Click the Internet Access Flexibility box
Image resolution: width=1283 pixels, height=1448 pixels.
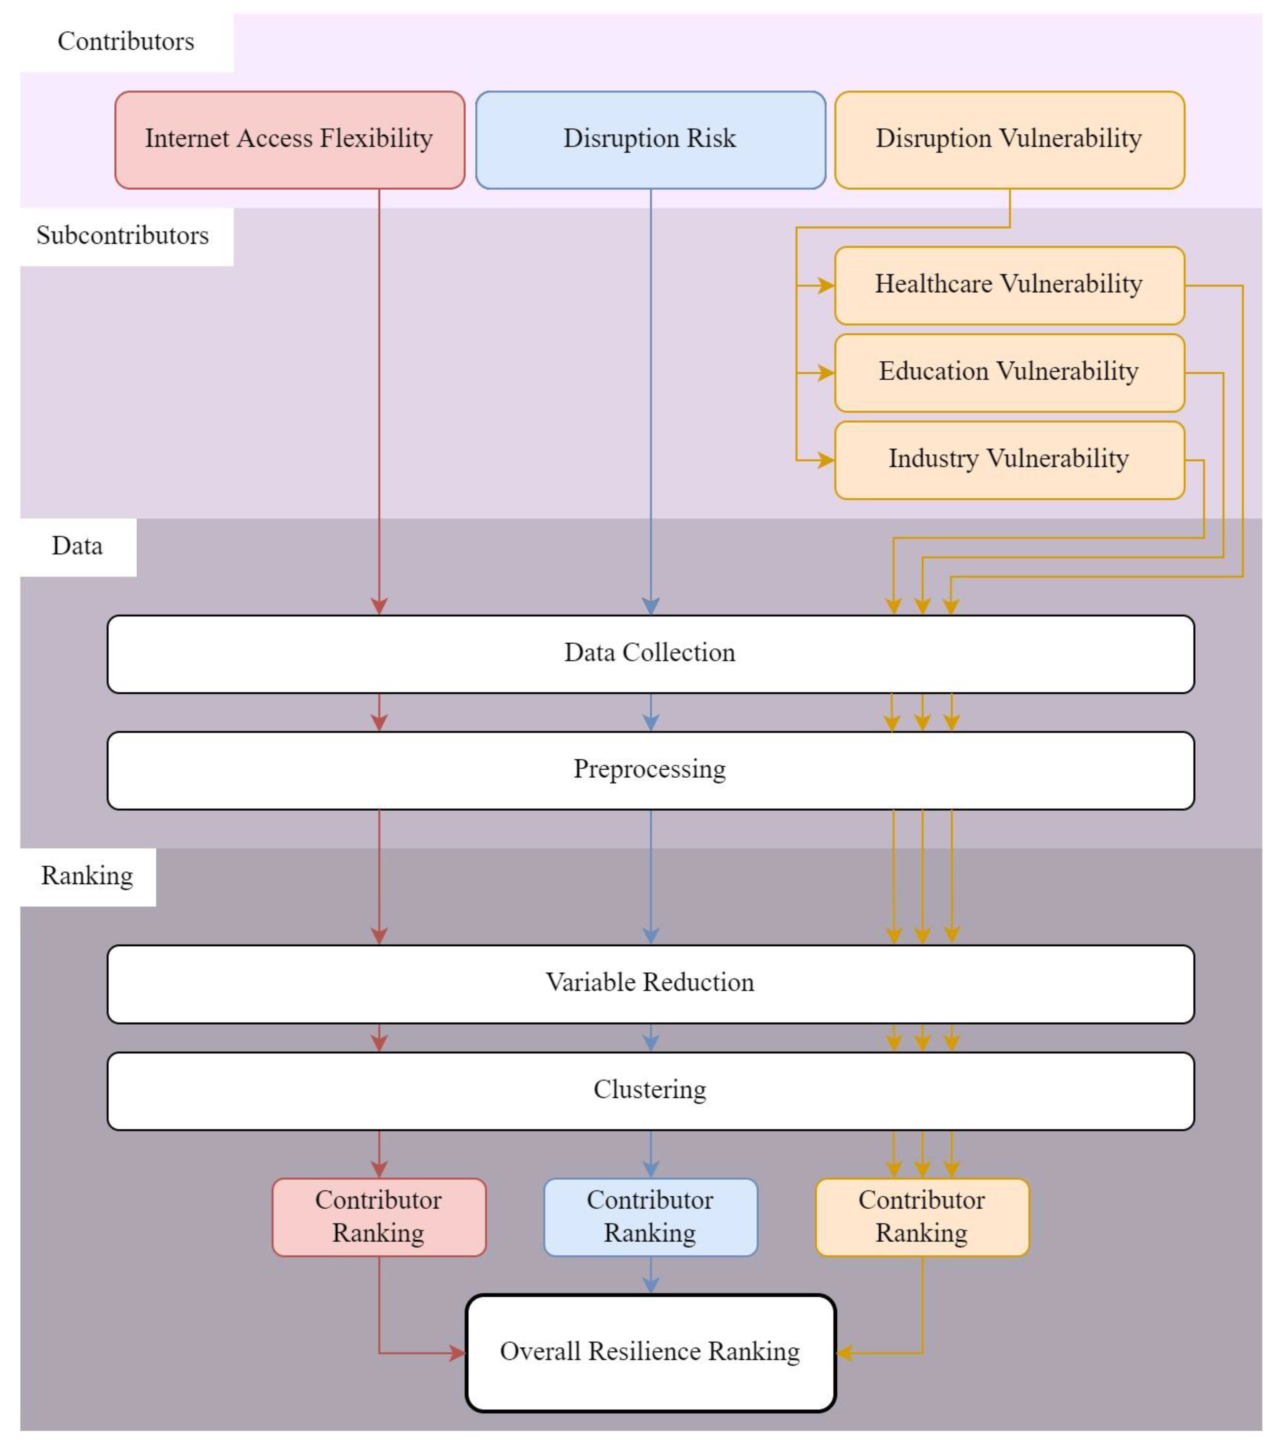(289, 139)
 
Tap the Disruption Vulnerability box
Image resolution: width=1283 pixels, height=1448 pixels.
(1009, 139)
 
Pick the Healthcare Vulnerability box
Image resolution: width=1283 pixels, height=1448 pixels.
(1009, 285)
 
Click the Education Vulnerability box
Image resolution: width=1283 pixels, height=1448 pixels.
(1009, 372)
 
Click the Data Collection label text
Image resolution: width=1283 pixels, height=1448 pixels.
(650, 653)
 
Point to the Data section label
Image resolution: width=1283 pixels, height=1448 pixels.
(77, 546)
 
